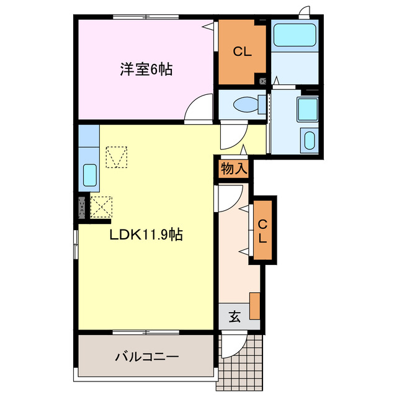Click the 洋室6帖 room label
point(146,69)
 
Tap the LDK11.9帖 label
point(146,235)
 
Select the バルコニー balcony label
point(147,357)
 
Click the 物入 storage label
point(233,169)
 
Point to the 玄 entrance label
point(235,316)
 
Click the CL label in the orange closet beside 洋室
point(242,52)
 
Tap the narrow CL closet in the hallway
point(263,231)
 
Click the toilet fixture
point(246,102)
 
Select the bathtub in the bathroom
point(295,35)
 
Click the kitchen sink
point(89,176)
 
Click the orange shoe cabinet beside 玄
point(254,304)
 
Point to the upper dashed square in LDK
point(115,157)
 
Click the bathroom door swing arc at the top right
point(304,12)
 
